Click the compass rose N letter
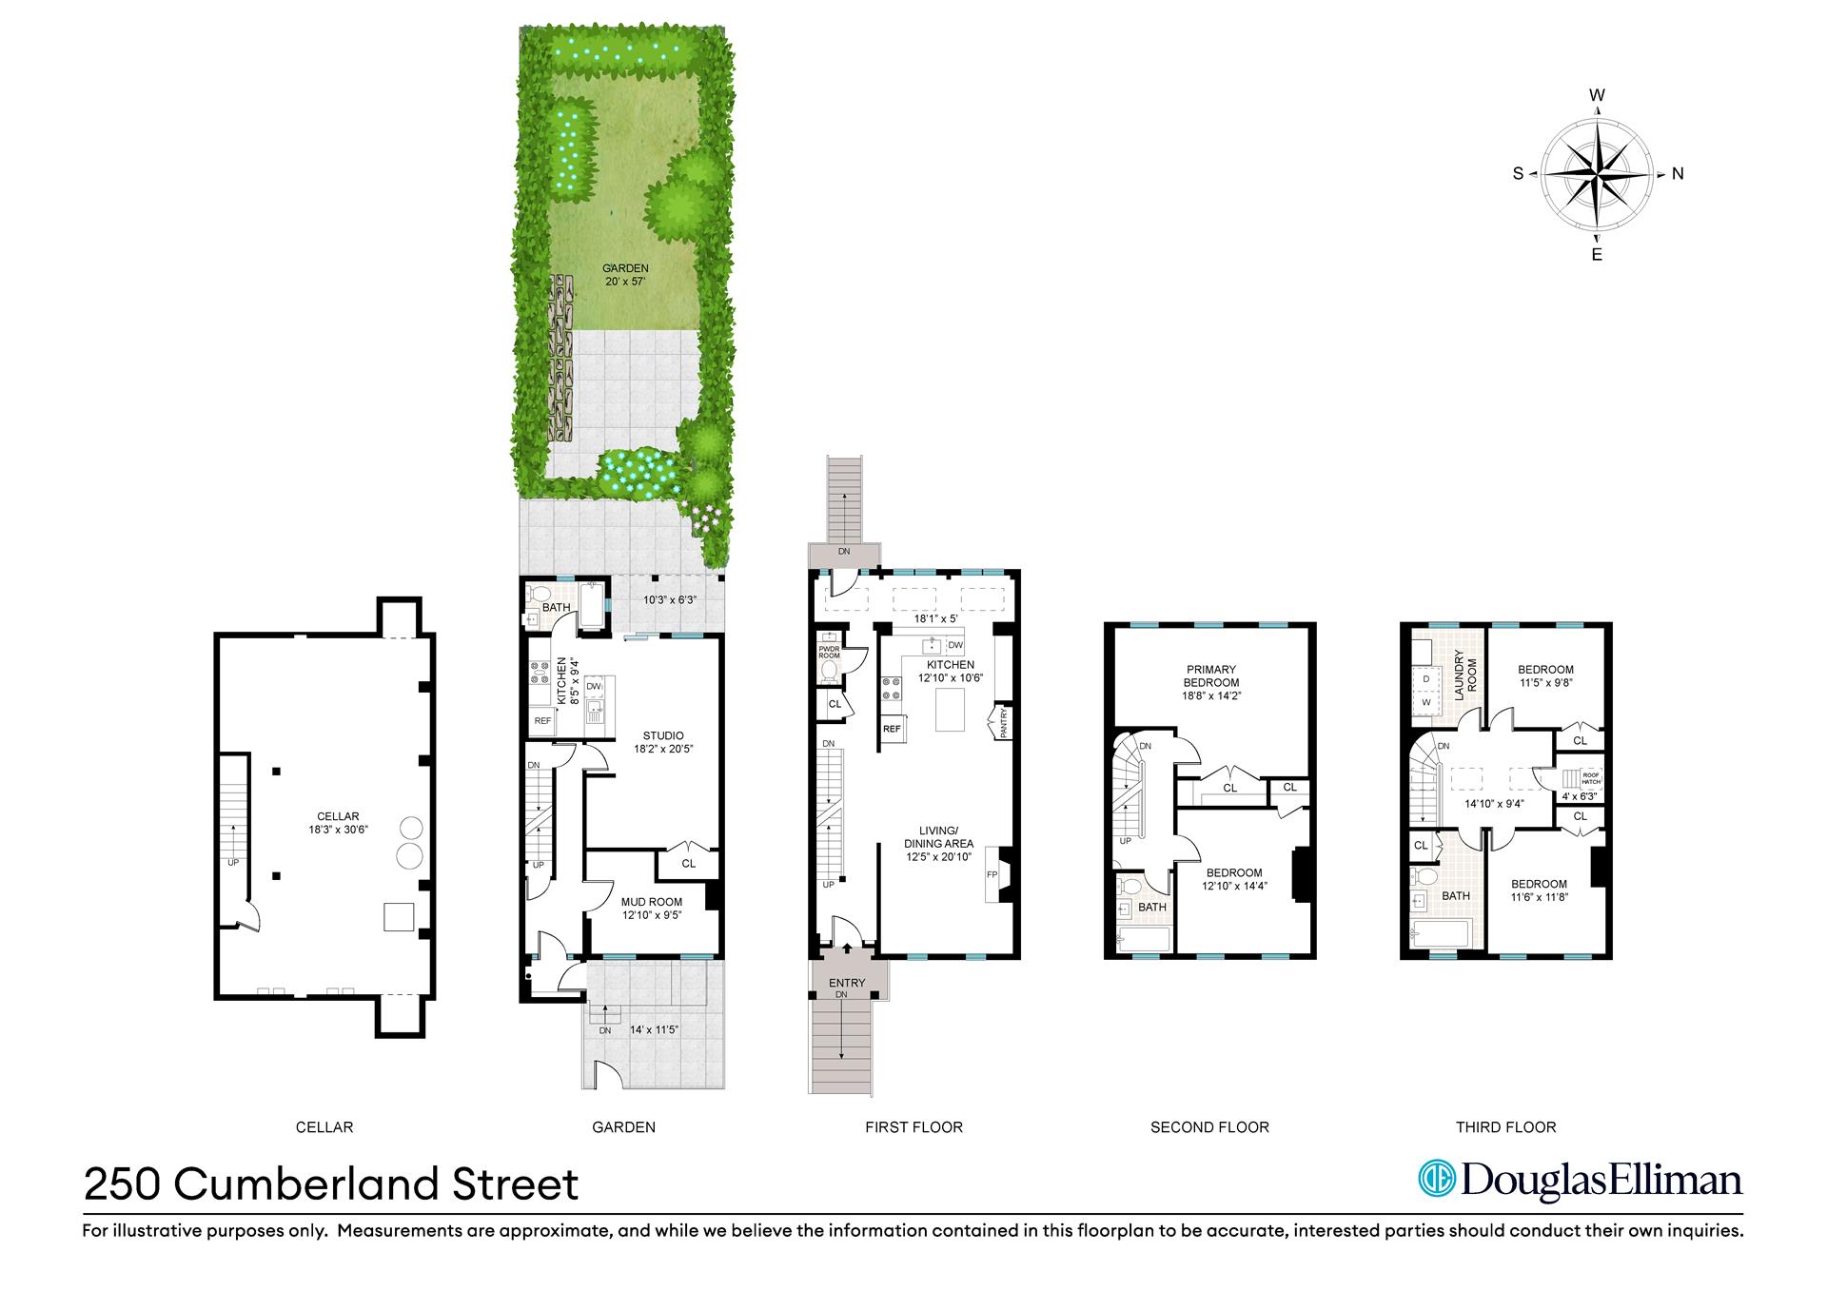click(x=1678, y=173)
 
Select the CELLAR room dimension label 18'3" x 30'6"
click(x=338, y=830)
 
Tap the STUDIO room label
click(x=662, y=735)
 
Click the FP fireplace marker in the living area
click(x=992, y=874)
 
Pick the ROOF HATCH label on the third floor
click(x=1591, y=778)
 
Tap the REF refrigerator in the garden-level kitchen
click(x=542, y=721)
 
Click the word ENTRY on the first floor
click(x=847, y=983)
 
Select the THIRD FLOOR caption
click(x=1505, y=1127)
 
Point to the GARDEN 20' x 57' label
click(x=625, y=275)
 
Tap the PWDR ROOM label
click(x=828, y=653)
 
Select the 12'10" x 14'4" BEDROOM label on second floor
click(x=1234, y=879)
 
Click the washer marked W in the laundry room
click(x=1426, y=703)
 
